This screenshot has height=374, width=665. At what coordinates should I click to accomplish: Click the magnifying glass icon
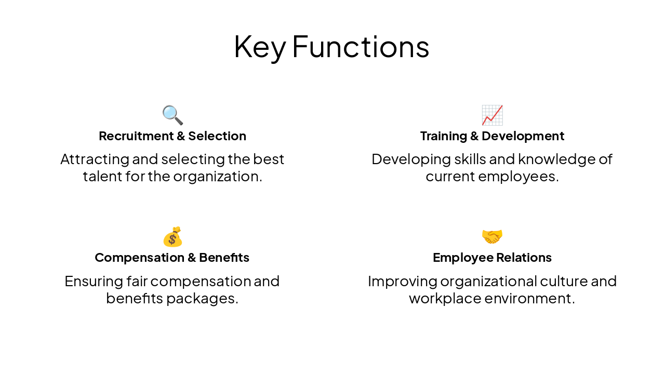tap(172, 115)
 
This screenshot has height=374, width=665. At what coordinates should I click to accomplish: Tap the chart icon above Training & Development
tap(492, 115)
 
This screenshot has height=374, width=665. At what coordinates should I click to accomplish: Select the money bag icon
tap(172, 237)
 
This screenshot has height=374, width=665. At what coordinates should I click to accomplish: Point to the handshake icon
tap(492, 237)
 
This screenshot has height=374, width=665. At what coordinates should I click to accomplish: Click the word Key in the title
tap(259, 47)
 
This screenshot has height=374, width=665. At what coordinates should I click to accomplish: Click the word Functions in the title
tap(361, 47)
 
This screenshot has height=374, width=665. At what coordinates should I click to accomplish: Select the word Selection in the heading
tap(217, 136)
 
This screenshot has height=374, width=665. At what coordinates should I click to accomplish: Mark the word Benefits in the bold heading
tap(224, 258)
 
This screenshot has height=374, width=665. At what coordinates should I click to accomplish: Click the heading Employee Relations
tap(492, 258)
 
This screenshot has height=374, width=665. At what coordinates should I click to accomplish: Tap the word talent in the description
tap(102, 177)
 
